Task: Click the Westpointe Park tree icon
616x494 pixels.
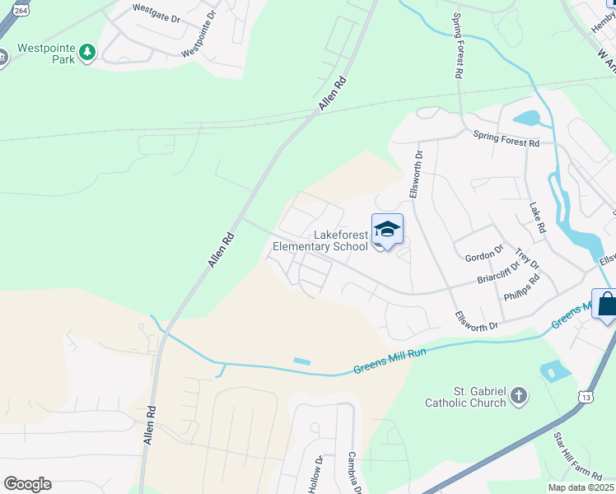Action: point(87,54)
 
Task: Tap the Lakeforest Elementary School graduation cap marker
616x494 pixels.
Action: point(387,230)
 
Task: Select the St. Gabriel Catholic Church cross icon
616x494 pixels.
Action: point(519,397)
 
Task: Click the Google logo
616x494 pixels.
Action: point(27,484)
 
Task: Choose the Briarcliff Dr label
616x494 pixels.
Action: point(499,272)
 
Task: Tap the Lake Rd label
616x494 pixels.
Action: point(538,218)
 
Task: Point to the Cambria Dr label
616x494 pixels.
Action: point(355,473)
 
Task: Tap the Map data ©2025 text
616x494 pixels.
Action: point(580,487)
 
